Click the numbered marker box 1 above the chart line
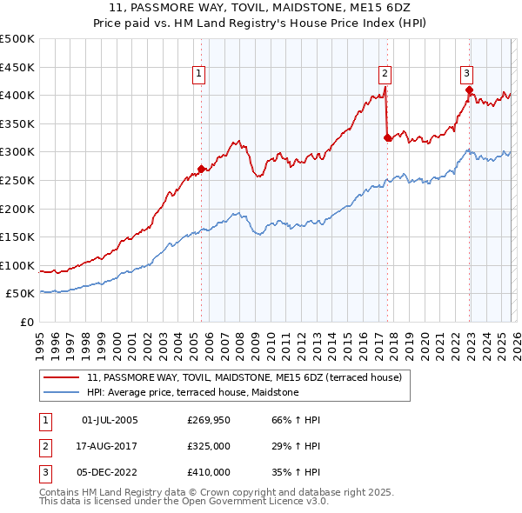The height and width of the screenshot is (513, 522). click(x=199, y=74)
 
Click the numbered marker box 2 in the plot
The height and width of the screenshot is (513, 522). click(x=385, y=74)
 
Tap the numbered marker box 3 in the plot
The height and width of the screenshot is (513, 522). click(x=466, y=74)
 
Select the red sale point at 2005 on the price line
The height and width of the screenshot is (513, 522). click(x=201, y=169)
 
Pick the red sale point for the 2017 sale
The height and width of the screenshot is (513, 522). click(x=387, y=137)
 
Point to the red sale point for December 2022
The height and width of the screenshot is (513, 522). click(x=469, y=90)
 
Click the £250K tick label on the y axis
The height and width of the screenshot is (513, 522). click(x=17, y=180)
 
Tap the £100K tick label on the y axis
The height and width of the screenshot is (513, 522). click(x=17, y=265)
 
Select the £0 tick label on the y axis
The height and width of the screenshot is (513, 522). click(x=26, y=323)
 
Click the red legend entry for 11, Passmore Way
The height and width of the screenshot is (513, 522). click(x=244, y=378)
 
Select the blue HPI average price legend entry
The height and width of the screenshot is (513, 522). click(x=192, y=393)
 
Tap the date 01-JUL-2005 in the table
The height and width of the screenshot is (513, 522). click(x=110, y=421)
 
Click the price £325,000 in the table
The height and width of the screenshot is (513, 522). click(x=209, y=446)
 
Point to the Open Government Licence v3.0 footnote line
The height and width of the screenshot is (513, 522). click(x=184, y=502)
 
